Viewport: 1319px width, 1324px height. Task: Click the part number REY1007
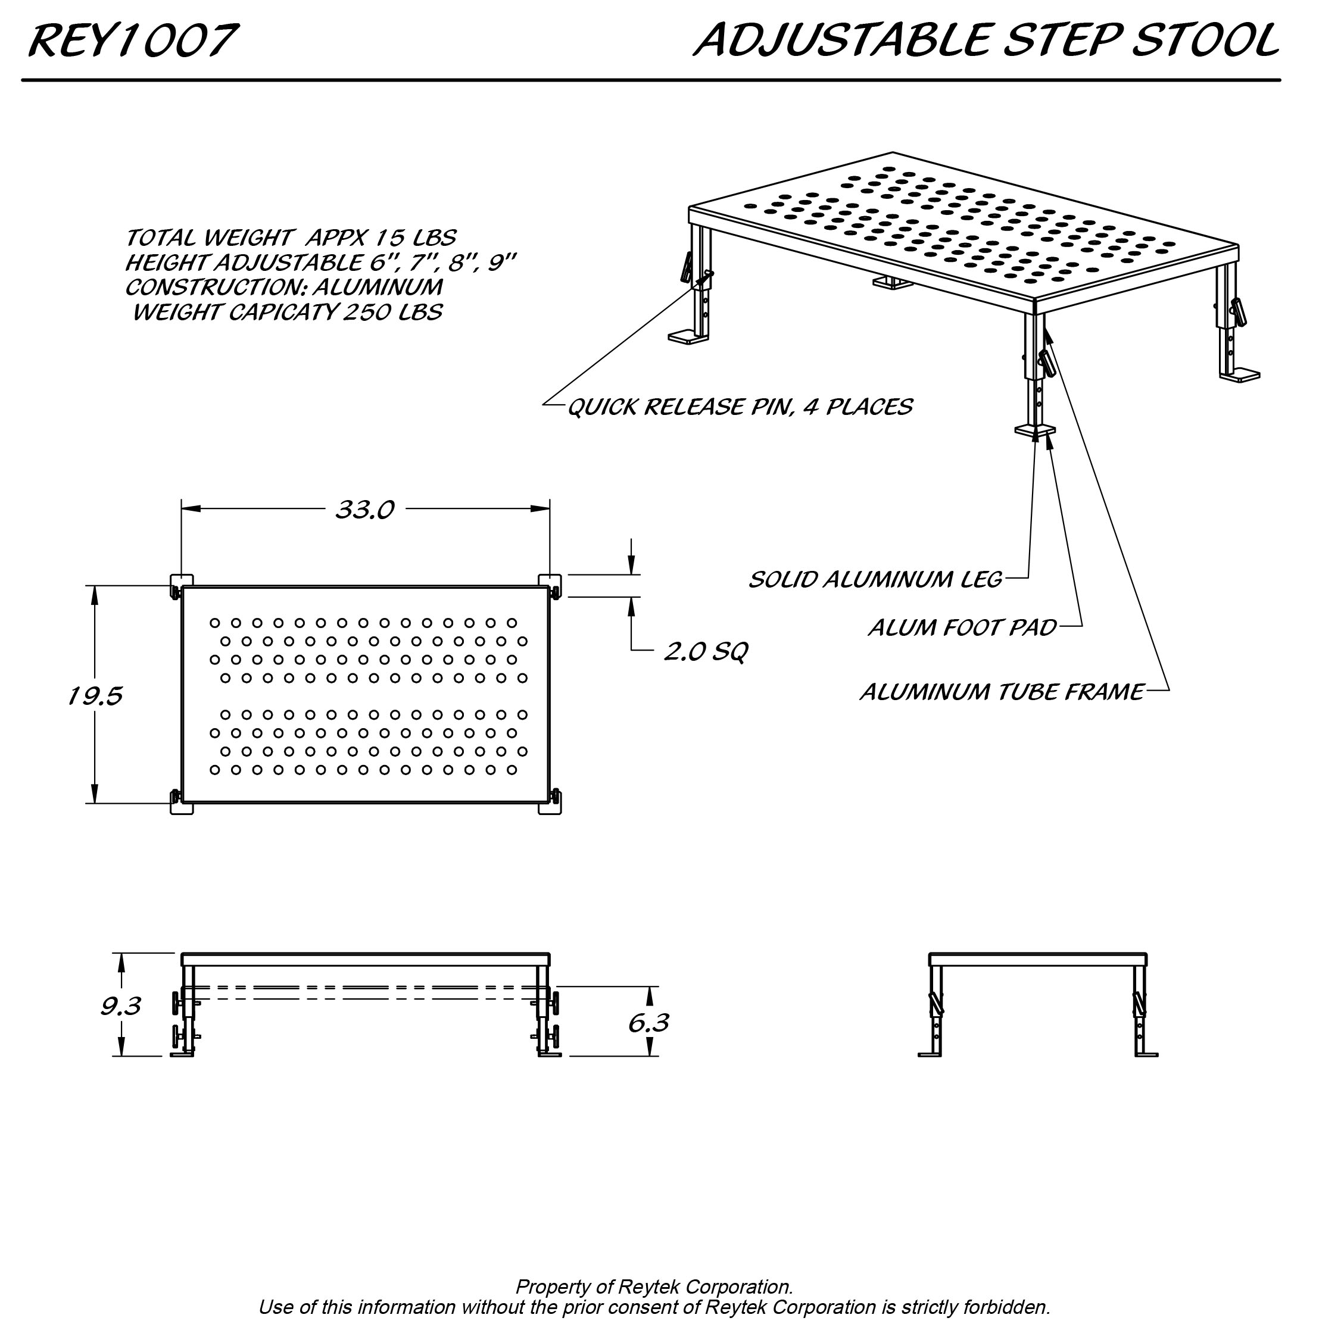(133, 41)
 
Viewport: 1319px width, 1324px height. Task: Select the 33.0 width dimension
(364, 510)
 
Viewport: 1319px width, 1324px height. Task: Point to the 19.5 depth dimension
(95, 697)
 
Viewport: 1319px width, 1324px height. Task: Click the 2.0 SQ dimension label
(706, 651)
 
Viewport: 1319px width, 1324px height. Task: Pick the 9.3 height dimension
(121, 1006)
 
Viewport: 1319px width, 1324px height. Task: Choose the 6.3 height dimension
(648, 1023)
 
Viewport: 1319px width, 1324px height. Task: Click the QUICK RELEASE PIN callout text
(740, 407)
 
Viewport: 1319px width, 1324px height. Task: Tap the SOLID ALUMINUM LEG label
(875, 580)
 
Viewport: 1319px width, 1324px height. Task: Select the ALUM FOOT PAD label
(962, 627)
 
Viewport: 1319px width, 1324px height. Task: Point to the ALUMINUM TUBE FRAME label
(1002, 692)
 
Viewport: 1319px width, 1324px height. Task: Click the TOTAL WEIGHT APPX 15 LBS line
(290, 238)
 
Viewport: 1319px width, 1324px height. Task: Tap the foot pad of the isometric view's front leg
(1035, 430)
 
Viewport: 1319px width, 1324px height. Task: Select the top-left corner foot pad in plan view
(181, 580)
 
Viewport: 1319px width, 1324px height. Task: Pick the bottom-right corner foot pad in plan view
(550, 805)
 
